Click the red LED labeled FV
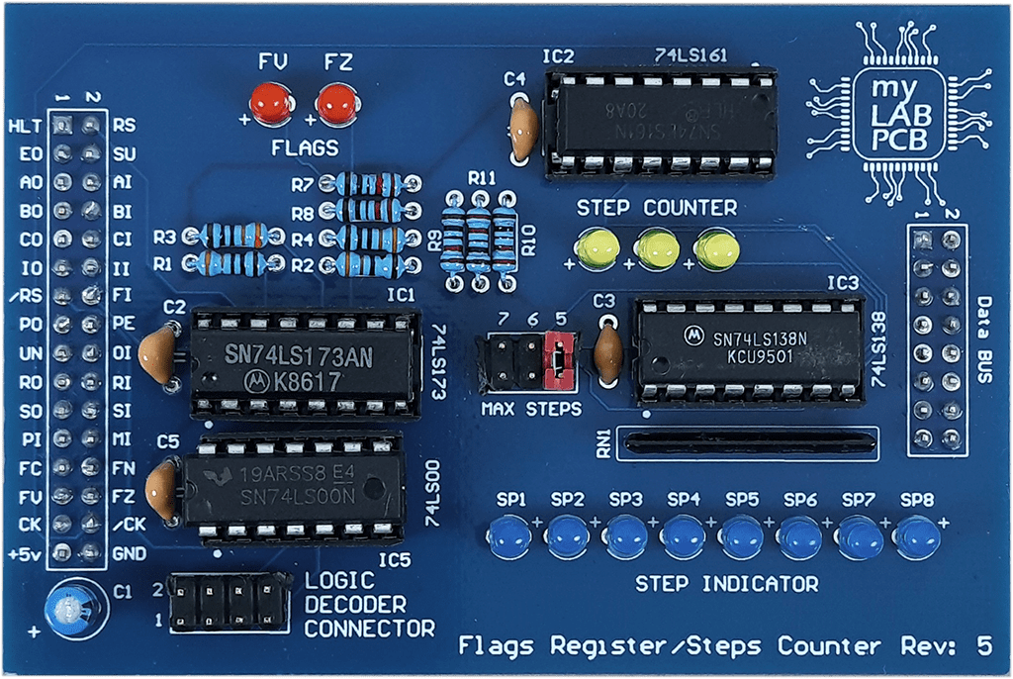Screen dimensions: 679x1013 click(x=269, y=103)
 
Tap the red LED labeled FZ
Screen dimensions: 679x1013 click(x=336, y=103)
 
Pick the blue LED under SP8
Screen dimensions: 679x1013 click(x=918, y=537)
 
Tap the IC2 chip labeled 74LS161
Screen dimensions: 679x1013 click(x=659, y=121)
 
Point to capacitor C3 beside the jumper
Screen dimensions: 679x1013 click(x=606, y=349)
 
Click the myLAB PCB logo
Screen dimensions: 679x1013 click(x=898, y=116)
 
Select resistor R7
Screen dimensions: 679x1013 click(x=368, y=184)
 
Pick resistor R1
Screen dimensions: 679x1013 click(x=230, y=263)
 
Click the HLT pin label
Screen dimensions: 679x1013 click(x=23, y=127)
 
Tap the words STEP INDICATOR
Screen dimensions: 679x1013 click(x=726, y=584)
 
